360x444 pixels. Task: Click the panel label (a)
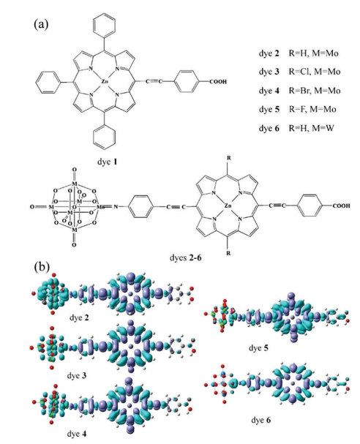41,24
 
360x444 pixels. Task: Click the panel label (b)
42,267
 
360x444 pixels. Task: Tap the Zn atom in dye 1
104,82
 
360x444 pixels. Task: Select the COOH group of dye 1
218,82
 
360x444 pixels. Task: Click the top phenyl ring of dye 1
105,25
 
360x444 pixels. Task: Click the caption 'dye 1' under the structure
107,162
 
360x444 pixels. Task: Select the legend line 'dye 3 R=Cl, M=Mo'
299,72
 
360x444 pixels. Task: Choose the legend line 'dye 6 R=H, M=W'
296,128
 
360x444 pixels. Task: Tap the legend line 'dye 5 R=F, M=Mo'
297,109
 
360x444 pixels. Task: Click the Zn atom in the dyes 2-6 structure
228,206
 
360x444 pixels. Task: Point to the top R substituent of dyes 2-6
228,158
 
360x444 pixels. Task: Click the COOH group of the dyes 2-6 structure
341,206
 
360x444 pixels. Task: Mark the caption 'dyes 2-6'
186,257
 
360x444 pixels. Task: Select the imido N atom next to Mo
116,207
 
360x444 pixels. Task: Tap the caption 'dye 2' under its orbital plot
79,317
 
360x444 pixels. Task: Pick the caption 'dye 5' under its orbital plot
258,347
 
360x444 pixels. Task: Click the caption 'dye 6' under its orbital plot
261,420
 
